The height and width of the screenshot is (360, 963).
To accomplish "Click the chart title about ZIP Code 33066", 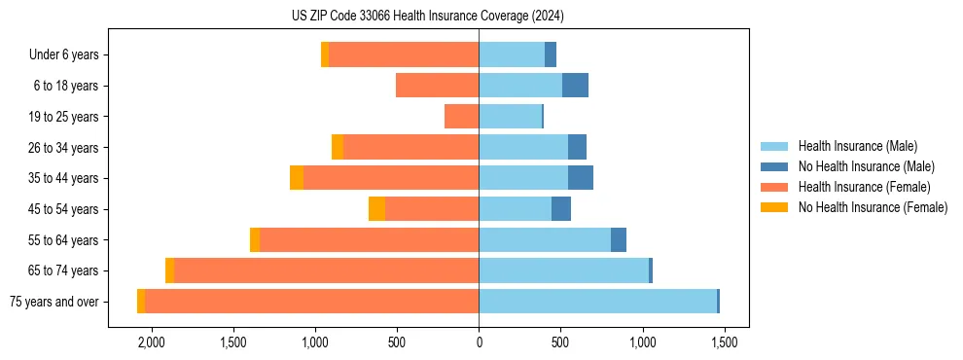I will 427,17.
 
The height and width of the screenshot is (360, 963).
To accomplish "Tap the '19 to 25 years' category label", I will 63,117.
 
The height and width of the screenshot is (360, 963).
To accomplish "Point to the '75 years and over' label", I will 54,302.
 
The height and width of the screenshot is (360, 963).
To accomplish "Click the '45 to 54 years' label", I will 63,209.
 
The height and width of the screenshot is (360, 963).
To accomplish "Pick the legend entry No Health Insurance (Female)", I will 873,207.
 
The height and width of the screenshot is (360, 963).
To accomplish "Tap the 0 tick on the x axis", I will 479,342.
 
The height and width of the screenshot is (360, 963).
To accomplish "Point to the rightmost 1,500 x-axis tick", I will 724,342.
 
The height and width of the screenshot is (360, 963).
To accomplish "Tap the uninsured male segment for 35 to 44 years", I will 581,178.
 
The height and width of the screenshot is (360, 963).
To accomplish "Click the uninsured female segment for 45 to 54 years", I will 376,209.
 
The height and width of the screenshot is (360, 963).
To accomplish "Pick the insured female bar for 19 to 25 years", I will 461,117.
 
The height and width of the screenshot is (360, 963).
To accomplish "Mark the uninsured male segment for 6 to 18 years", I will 575,86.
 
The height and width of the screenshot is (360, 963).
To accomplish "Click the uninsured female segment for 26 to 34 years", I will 338,147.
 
